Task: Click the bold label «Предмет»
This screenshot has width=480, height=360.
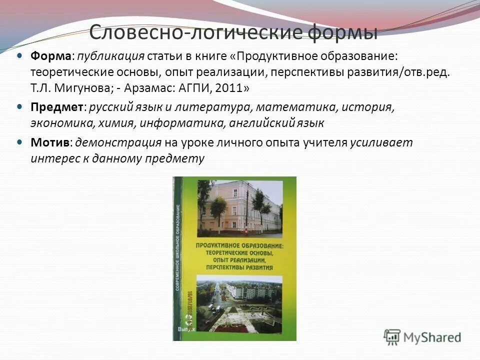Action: click(x=57, y=107)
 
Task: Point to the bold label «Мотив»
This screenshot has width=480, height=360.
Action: click(x=49, y=142)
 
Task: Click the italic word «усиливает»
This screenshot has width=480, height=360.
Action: click(x=381, y=142)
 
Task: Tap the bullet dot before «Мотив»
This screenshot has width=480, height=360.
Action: click(x=19, y=142)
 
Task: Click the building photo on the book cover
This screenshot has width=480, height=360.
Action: click(x=239, y=207)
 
